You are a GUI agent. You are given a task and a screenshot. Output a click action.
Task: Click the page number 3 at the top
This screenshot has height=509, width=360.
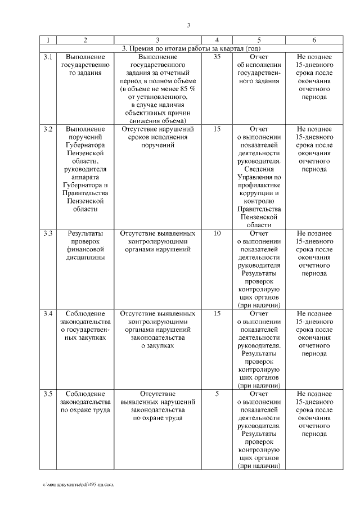(x=189, y=25)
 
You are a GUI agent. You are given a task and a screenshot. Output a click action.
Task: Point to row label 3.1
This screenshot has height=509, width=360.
(x=48, y=57)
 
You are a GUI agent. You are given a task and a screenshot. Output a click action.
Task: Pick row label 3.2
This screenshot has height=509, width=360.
(x=48, y=129)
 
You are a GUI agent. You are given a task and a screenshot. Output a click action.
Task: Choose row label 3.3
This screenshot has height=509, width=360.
(x=48, y=233)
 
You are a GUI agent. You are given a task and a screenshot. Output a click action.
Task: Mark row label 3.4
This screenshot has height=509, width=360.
(x=48, y=313)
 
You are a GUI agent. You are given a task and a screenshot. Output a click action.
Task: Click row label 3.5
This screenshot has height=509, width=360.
(x=48, y=394)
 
